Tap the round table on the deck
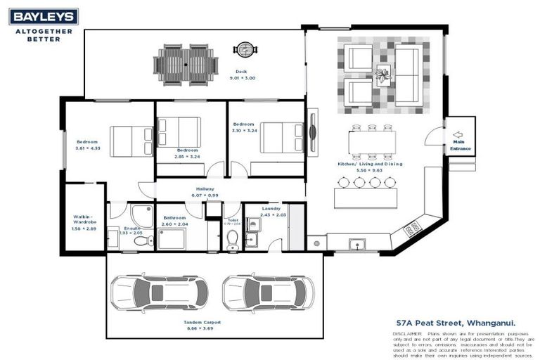[245, 50]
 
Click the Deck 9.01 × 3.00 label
[242, 75]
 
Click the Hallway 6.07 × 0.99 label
[205, 192]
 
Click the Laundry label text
[271, 208]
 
